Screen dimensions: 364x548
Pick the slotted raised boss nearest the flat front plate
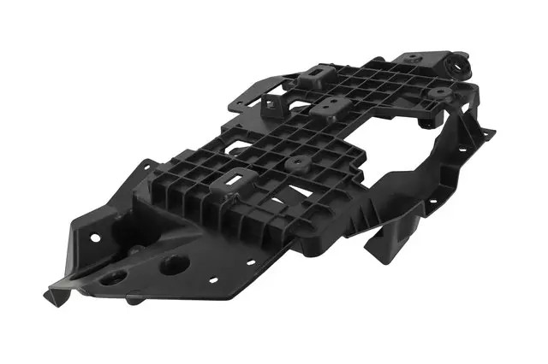[233, 181]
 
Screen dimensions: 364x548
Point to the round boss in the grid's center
[296, 161]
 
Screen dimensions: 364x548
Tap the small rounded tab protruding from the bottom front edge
[133, 300]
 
